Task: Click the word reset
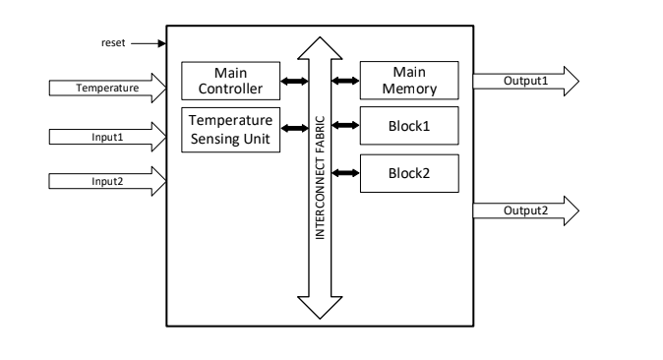click(x=114, y=43)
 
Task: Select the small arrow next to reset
click(x=145, y=43)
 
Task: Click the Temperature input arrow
click(x=107, y=88)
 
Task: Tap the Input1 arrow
click(x=107, y=137)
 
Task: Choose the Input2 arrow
click(x=107, y=180)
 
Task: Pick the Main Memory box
click(x=409, y=82)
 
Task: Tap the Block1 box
click(x=409, y=126)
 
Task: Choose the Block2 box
click(x=409, y=173)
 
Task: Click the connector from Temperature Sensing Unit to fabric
click(x=292, y=126)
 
